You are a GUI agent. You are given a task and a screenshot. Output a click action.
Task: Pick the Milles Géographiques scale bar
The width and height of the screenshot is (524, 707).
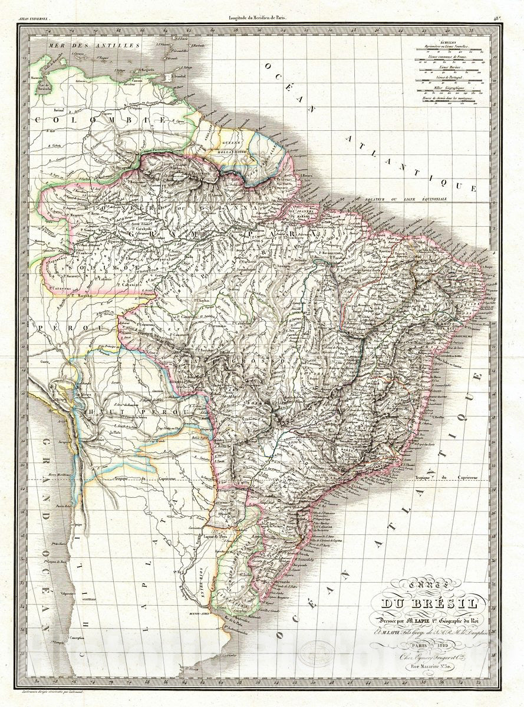[x=449, y=90]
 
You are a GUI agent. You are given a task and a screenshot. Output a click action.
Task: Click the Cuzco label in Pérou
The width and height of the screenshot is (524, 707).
[x=45, y=361]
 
